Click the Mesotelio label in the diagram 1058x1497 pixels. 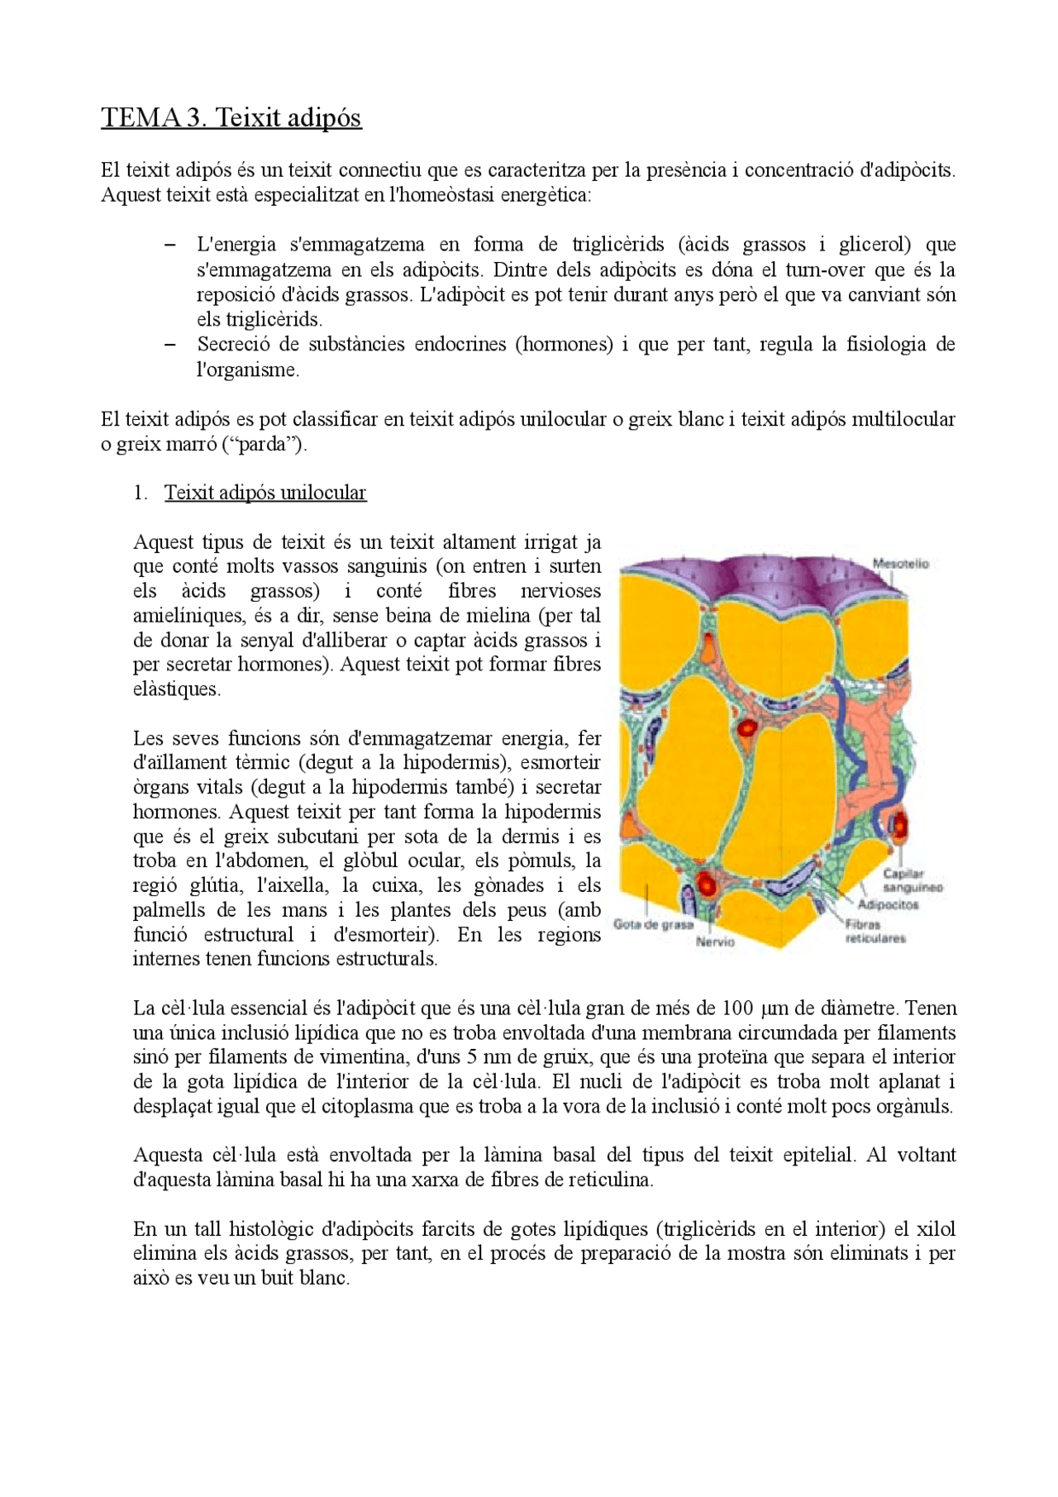[x=900, y=564]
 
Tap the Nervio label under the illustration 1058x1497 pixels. [x=715, y=942]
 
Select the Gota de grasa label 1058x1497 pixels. [x=653, y=924]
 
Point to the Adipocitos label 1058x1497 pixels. [x=888, y=904]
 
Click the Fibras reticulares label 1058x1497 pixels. [x=875, y=932]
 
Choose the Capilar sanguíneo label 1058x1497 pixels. [x=912, y=880]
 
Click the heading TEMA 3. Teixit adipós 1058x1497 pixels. [x=231, y=117]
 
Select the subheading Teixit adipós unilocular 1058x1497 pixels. [x=264, y=493]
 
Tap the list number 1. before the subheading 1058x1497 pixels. [x=141, y=493]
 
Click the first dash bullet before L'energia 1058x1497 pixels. [x=170, y=245]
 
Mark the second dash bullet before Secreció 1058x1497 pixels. [x=170, y=345]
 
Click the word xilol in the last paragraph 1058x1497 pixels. [x=936, y=1229]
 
